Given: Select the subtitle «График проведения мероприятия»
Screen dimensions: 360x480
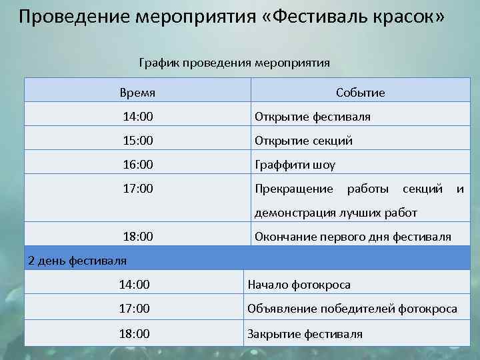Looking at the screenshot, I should (x=235, y=63).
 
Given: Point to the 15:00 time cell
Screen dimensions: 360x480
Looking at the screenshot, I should (x=138, y=141).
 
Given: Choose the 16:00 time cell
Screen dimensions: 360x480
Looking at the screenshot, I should (x=138, y=165).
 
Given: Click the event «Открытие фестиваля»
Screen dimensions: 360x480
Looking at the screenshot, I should (x=313, y=117).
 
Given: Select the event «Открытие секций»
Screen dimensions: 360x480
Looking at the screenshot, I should (x=304, y=141).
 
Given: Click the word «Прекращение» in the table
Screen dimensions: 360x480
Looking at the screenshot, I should (x=294, y=189).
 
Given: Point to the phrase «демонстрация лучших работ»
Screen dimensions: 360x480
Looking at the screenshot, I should (x=336, y=213).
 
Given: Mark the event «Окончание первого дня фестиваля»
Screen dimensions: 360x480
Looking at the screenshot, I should (x=353, y=237).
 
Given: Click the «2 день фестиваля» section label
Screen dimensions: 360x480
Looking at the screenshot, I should (x=77, y=260).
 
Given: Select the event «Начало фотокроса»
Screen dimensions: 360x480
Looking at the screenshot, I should (x=299, y=285).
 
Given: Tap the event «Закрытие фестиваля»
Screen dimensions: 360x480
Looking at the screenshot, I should (x=305, y=333).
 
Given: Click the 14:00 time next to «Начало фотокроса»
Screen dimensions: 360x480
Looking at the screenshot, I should (x=134, y=285).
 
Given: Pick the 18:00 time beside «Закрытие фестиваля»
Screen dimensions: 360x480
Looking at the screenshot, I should (x=134, y=333).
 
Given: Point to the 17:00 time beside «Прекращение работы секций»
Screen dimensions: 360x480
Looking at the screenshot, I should (x=138, y=189).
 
